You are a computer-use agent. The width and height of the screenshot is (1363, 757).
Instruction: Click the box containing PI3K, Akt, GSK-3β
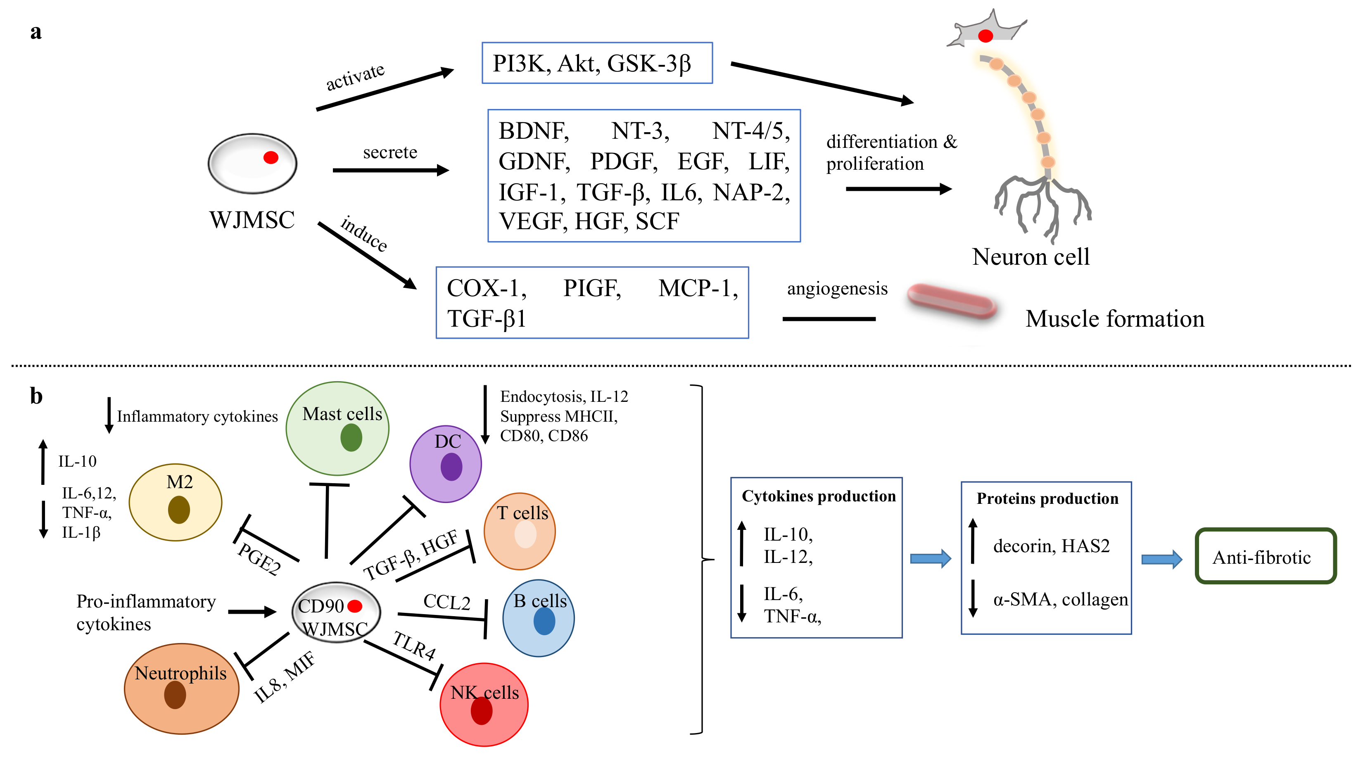[596, 63]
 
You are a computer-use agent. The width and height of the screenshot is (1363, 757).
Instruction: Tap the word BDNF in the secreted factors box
[533, 131]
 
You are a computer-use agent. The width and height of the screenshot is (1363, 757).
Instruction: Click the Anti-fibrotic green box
[1265, 557]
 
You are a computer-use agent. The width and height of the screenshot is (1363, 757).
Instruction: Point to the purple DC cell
[446, 464]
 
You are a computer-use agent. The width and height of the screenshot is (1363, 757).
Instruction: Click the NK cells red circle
[484, 705]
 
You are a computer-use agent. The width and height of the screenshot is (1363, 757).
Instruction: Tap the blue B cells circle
[538, 618]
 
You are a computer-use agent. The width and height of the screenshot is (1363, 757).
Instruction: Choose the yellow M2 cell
[176, 502]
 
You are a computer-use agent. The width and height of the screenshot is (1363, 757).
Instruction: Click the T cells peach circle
[520, 531]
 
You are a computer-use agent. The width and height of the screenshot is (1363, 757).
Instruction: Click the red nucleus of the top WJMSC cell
[271, 157]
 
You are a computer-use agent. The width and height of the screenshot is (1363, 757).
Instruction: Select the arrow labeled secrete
[390, 170]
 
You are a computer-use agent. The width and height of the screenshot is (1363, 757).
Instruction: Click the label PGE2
[259, 559]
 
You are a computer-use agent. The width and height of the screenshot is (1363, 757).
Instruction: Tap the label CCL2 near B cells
[446, 602]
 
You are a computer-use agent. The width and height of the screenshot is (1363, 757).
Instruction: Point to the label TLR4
[414, 645]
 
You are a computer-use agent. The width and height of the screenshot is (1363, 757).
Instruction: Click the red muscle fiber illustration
[951, 301]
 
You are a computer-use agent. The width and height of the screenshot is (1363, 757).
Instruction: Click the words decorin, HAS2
[1051, 546]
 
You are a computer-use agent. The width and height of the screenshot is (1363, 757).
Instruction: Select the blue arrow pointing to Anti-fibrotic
[1161, 559]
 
